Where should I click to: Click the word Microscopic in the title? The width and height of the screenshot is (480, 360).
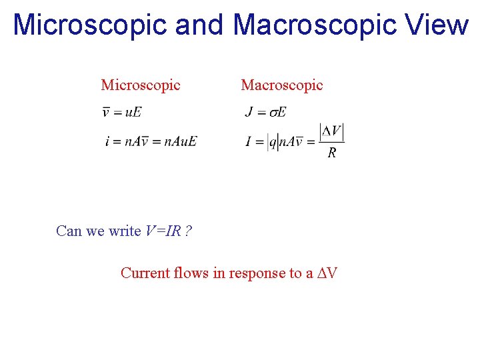[90, 25]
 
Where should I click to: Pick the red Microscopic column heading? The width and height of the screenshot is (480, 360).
[141, 85]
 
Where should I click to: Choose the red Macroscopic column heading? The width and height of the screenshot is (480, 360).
[281, 85]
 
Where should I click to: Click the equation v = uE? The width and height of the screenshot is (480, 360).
[122, 112]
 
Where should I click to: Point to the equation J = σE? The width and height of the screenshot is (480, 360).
[265, 112]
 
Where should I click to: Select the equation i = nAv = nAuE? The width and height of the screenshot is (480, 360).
[151, 141]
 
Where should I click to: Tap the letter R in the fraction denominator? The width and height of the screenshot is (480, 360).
[332, 154]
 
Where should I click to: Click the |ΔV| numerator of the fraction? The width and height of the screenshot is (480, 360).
[332, 131]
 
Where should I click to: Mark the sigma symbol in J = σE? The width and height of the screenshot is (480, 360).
[272, 113]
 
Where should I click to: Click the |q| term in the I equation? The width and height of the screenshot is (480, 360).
[272, 142]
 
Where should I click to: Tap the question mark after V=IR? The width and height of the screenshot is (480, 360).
[189, 231]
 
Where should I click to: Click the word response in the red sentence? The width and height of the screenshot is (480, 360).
[257, 273]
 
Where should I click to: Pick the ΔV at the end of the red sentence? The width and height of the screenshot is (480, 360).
[327, 273]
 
